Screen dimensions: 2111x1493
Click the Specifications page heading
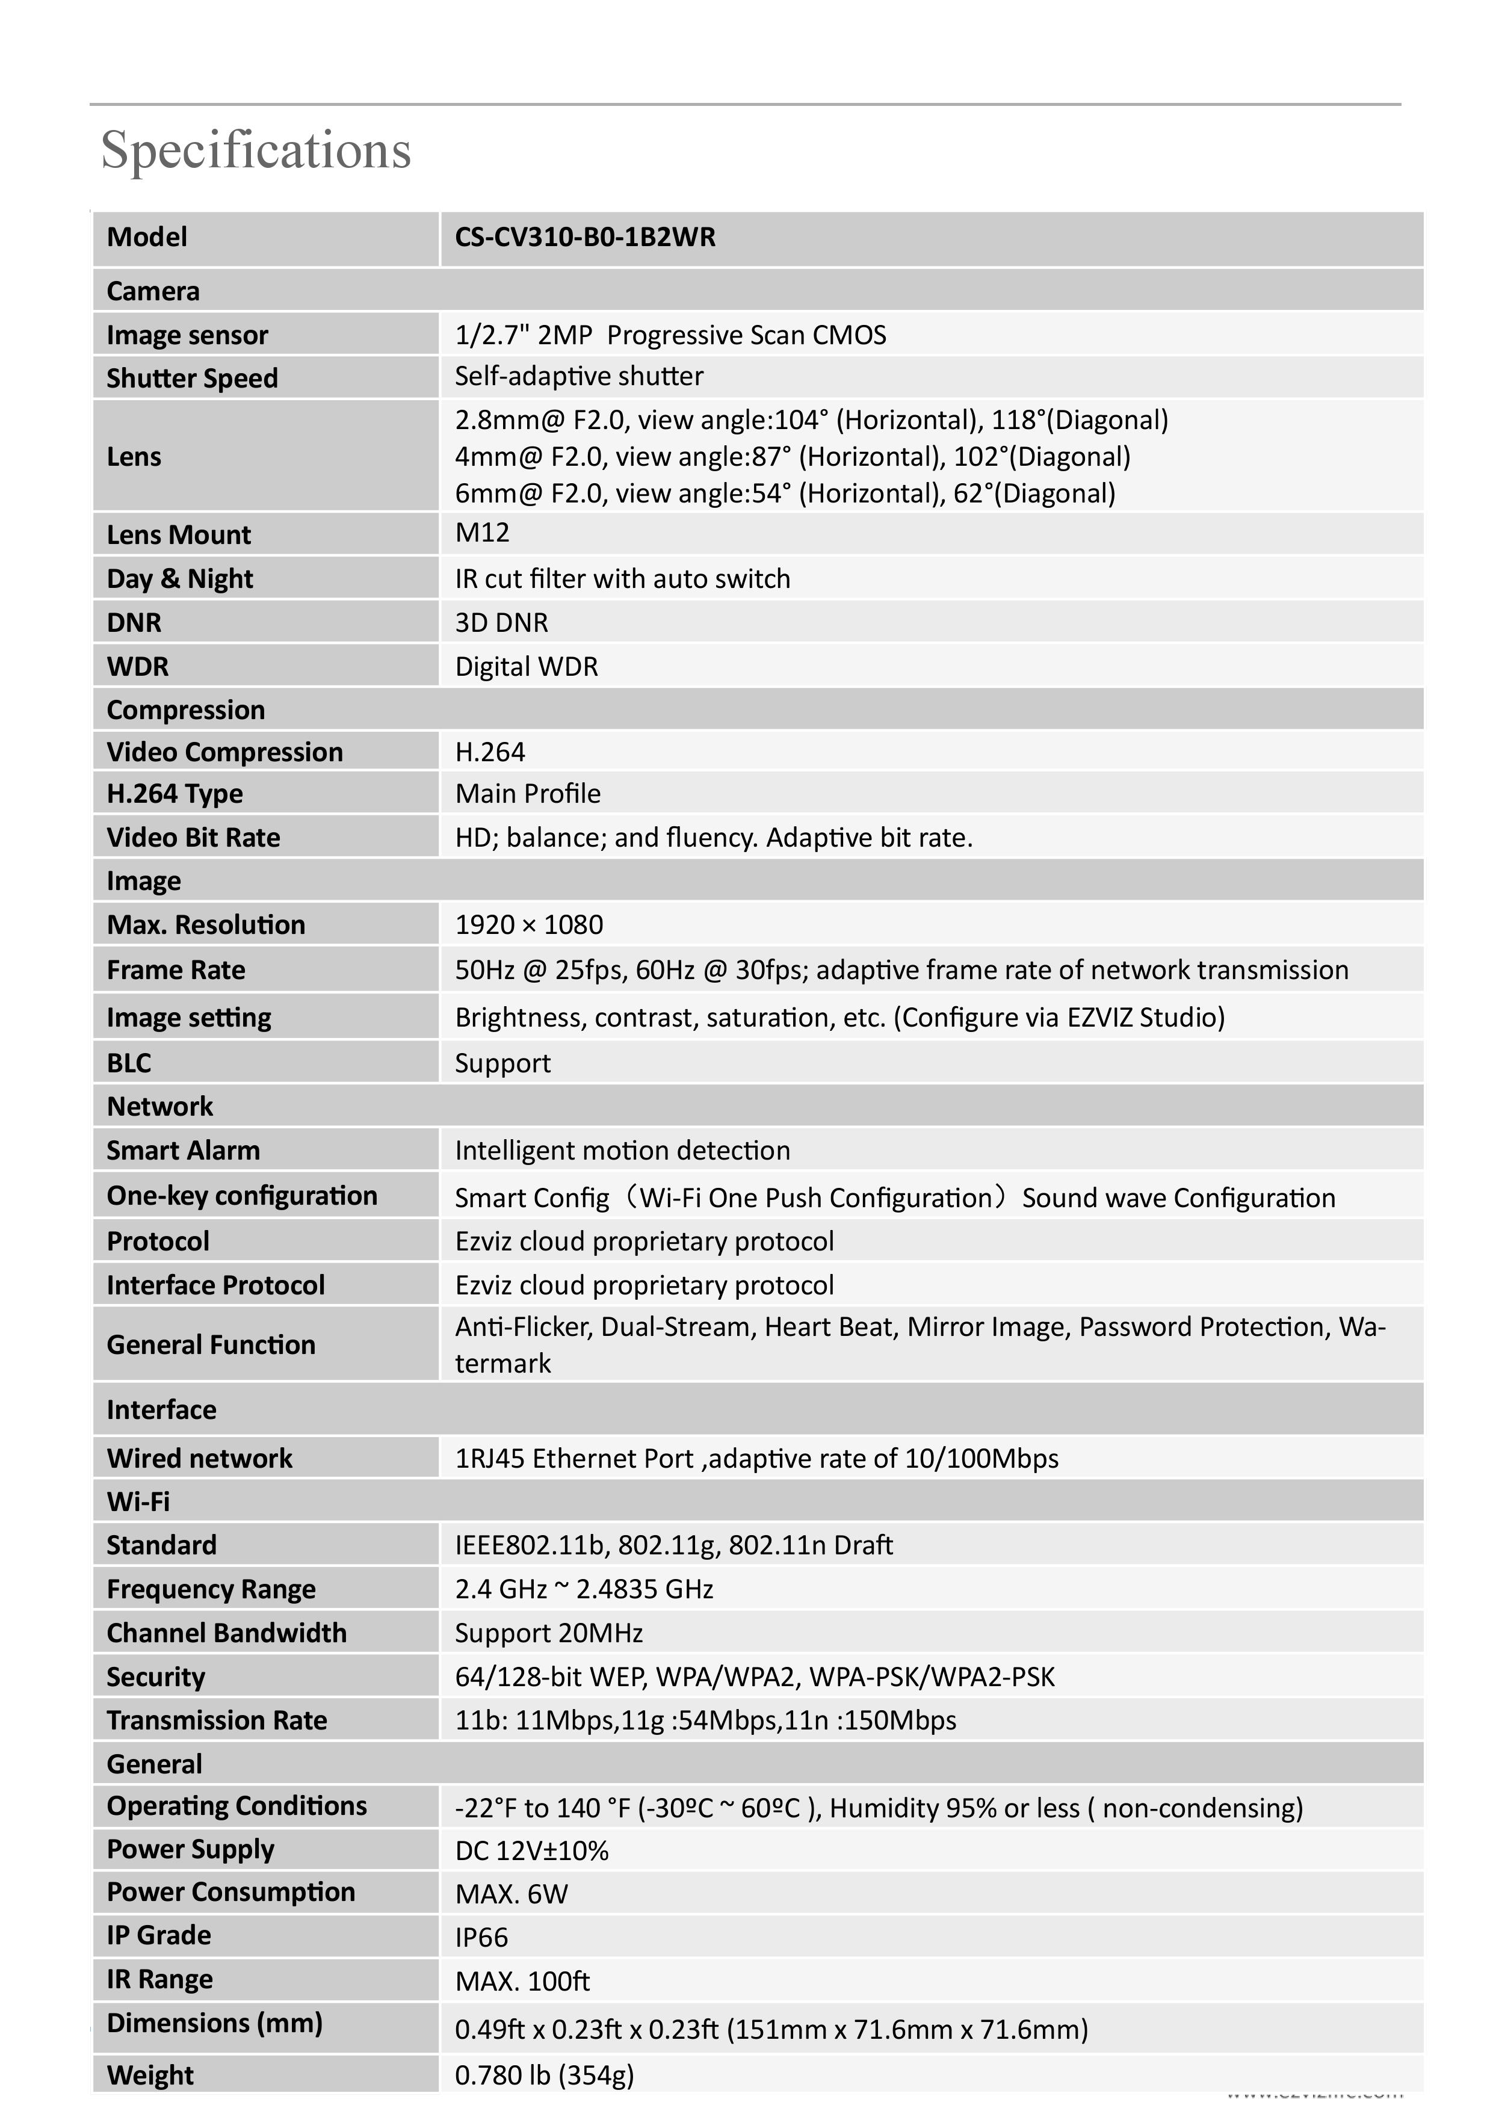pos(256,150)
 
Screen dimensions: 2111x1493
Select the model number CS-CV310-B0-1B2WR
pos(585,237)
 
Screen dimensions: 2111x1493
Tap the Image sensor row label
pos(188,335)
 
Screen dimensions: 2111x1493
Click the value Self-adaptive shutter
pos(579,376)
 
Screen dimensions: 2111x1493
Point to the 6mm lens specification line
pos(785,493)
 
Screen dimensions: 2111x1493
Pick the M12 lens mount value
pos(482,533)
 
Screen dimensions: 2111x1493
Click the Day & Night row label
pos(180,578)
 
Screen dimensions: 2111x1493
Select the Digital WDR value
pos(527,667)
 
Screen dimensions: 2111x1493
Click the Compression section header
pos(186,710)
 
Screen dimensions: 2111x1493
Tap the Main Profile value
pos(528,794)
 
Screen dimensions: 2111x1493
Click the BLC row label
pos(129,1063)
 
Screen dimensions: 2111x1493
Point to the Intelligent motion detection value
pos(622,1150)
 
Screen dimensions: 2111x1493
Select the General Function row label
pos(211,1344)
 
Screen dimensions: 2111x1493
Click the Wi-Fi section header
pos(138,1501)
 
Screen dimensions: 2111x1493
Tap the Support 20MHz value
pos(549,1633)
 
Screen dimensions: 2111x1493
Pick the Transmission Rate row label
pos(217,1720)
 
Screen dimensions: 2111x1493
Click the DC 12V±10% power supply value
pos(531,1851)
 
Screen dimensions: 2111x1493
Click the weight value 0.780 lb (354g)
pos(544,2075)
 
